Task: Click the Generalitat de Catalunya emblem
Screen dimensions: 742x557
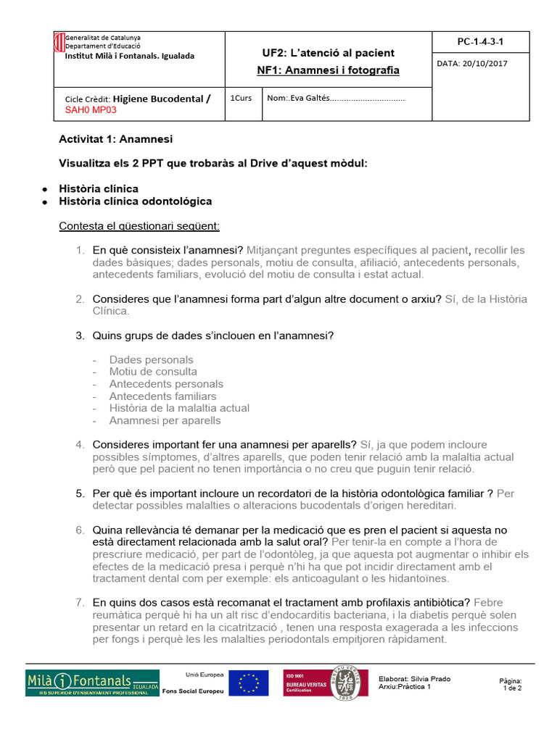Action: (59, 43)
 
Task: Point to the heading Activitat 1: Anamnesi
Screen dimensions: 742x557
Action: (115, 139)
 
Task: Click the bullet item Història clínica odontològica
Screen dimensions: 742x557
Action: (136, 201)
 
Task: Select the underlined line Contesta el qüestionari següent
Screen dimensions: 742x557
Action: (139, 226)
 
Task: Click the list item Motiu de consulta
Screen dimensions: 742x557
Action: (153, 372)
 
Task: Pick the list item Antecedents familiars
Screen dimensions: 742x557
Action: (162, 396)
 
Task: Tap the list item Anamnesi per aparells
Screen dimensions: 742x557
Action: (165, 420)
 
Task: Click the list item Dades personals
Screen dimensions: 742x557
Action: (151, 359)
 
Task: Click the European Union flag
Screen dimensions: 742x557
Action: (248, 683)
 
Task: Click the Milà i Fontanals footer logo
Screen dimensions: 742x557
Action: (92, 683)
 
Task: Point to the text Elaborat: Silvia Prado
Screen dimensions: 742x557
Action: (414, 679)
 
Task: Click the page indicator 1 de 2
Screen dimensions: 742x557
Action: (511, 688)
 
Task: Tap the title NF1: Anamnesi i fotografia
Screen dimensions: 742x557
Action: (328, 70)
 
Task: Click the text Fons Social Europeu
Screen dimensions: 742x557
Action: (193, 691)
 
